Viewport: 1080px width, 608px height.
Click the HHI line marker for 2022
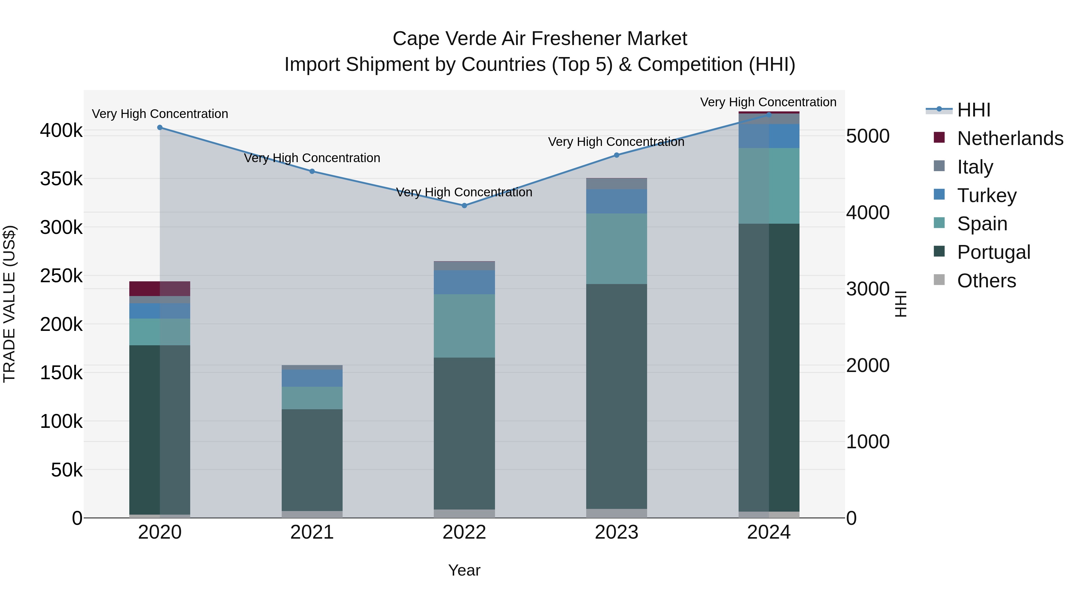pos(464,206)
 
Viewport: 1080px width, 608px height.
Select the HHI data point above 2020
pos(160,128)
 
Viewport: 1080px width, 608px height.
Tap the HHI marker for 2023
pos(616,155)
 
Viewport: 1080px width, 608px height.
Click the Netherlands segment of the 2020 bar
pos(160,289)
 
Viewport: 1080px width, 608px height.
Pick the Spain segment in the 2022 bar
pos(464,326)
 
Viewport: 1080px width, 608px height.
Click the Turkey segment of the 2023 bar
pos(616,201)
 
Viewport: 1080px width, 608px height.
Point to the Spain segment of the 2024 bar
pos(769,186)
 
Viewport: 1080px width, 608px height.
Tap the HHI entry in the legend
pos(973,110)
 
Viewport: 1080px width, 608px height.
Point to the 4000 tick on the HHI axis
pos(867,213)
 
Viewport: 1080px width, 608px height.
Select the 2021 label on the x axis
pos(312,532)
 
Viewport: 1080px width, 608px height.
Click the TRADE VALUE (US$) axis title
pos(10,304)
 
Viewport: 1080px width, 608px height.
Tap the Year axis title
pos(464,570)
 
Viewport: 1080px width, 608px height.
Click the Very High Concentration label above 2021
pos(312,158)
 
